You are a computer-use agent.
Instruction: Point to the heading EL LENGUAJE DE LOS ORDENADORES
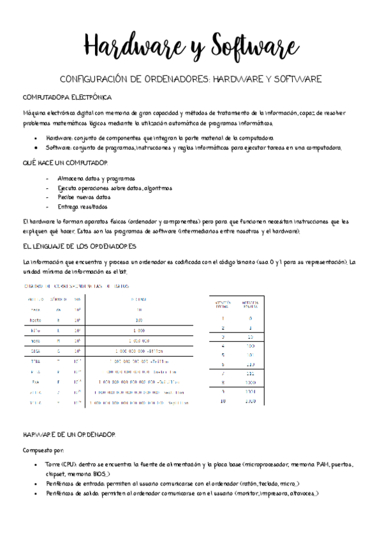pos(79,246)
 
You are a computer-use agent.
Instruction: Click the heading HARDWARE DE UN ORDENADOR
pos(69,434)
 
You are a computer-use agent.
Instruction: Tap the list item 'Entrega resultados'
pos(82,207)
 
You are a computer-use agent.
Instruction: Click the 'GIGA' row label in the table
pos(36,350)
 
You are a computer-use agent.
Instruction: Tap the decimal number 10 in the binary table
pos(223,401)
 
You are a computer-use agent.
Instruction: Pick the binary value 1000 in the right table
pos(251,382)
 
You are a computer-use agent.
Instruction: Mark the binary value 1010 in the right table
pos(251,401)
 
